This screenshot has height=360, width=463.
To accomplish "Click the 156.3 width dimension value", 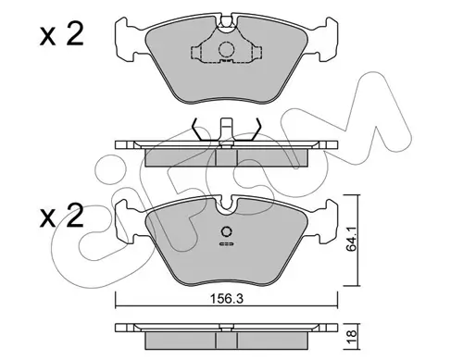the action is tap(227, 299).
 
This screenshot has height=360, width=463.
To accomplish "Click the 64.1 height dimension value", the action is tap(351, 239).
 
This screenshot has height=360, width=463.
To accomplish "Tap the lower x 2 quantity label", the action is tap(62, 216).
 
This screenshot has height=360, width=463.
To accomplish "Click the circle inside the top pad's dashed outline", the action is tap(226, 49).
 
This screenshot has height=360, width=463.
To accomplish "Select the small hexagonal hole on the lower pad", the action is tap(227, 231).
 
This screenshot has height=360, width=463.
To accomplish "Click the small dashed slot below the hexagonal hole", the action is tap(227, 244).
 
